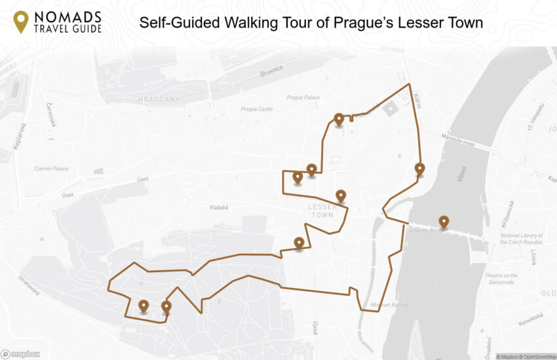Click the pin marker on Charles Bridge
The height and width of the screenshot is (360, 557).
(444, 222)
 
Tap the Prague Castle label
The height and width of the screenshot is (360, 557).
(256, 110)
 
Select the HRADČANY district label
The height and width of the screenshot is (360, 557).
(159, 99)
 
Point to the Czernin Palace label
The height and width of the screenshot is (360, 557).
(51, 169)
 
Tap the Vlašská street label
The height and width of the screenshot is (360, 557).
(218, 207)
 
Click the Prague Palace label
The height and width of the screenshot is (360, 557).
(303, 98)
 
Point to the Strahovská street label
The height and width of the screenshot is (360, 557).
(29, 285)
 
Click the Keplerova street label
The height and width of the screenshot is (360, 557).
(22, 136)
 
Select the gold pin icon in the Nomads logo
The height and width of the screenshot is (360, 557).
(21, 21)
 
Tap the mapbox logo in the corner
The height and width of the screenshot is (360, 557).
(20, 354)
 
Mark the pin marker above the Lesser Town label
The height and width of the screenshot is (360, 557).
(340, 195)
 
